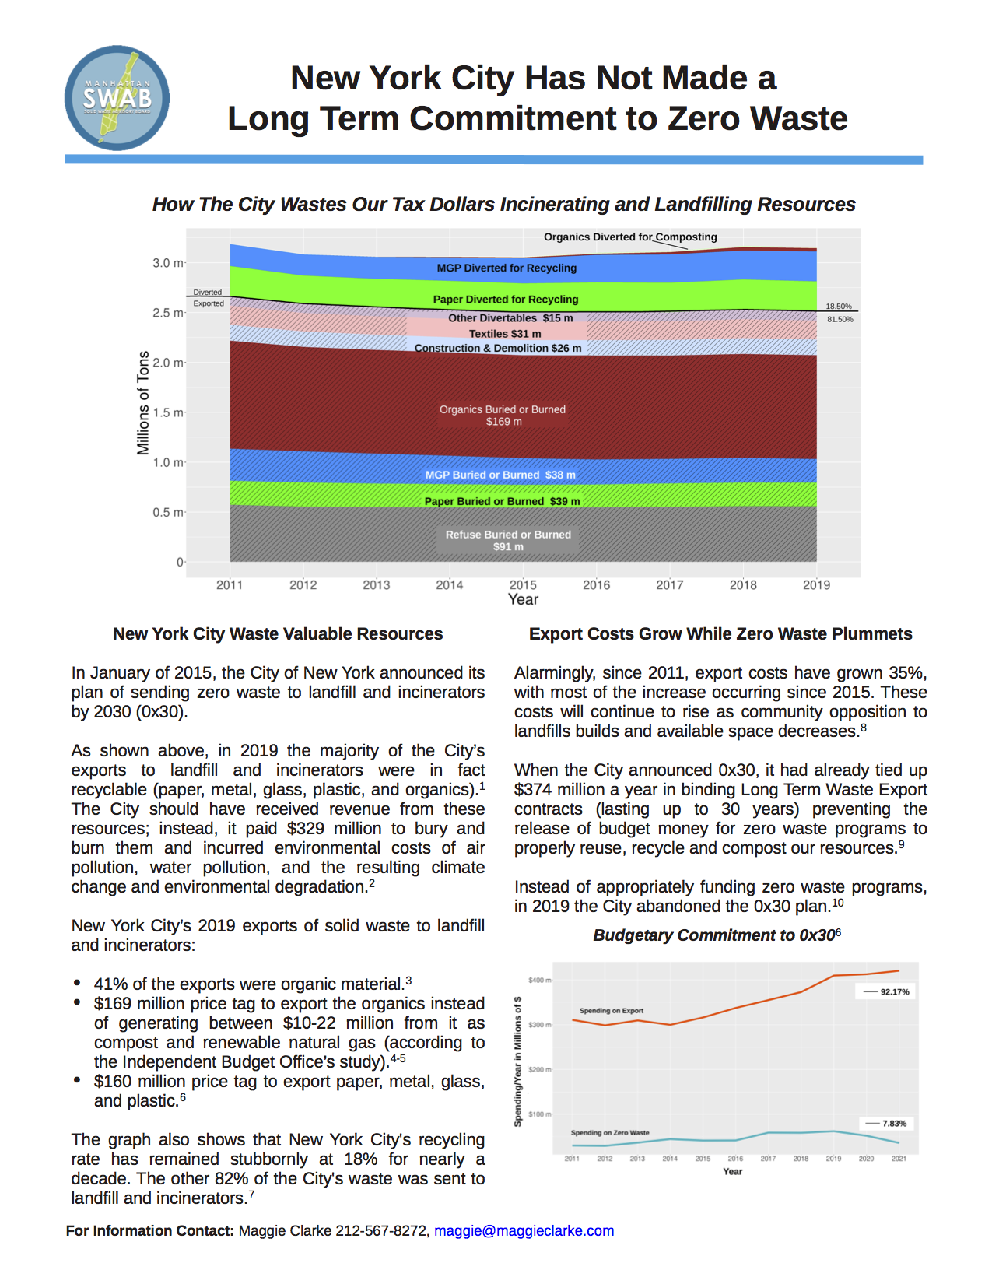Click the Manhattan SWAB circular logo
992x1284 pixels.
click(117, 98)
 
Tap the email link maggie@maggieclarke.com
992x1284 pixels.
click(524, 1230)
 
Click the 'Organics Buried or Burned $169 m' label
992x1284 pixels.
click(503, 416)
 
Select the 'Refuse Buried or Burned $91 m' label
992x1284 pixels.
click(508, 540)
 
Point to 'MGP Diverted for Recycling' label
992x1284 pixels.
click(507, 268)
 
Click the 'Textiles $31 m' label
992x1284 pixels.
click(505, 333)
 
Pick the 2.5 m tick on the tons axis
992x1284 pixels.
click(167, 313)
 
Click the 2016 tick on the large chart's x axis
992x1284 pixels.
click(596, 584)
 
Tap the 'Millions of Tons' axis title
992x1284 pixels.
click(143, 402)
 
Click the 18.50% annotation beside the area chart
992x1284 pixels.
click(839, 307)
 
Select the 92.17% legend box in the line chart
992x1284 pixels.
click(885, 991)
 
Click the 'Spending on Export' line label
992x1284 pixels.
click(611, 1010)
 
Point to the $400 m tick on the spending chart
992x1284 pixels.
click(539, 980)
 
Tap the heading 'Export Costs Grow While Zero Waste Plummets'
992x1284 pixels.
click(720, 633)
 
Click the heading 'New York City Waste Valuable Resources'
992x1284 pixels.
click(278, 633)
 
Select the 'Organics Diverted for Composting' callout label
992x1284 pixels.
click(630, 237)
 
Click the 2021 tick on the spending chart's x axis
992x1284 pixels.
click(899, 1159)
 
